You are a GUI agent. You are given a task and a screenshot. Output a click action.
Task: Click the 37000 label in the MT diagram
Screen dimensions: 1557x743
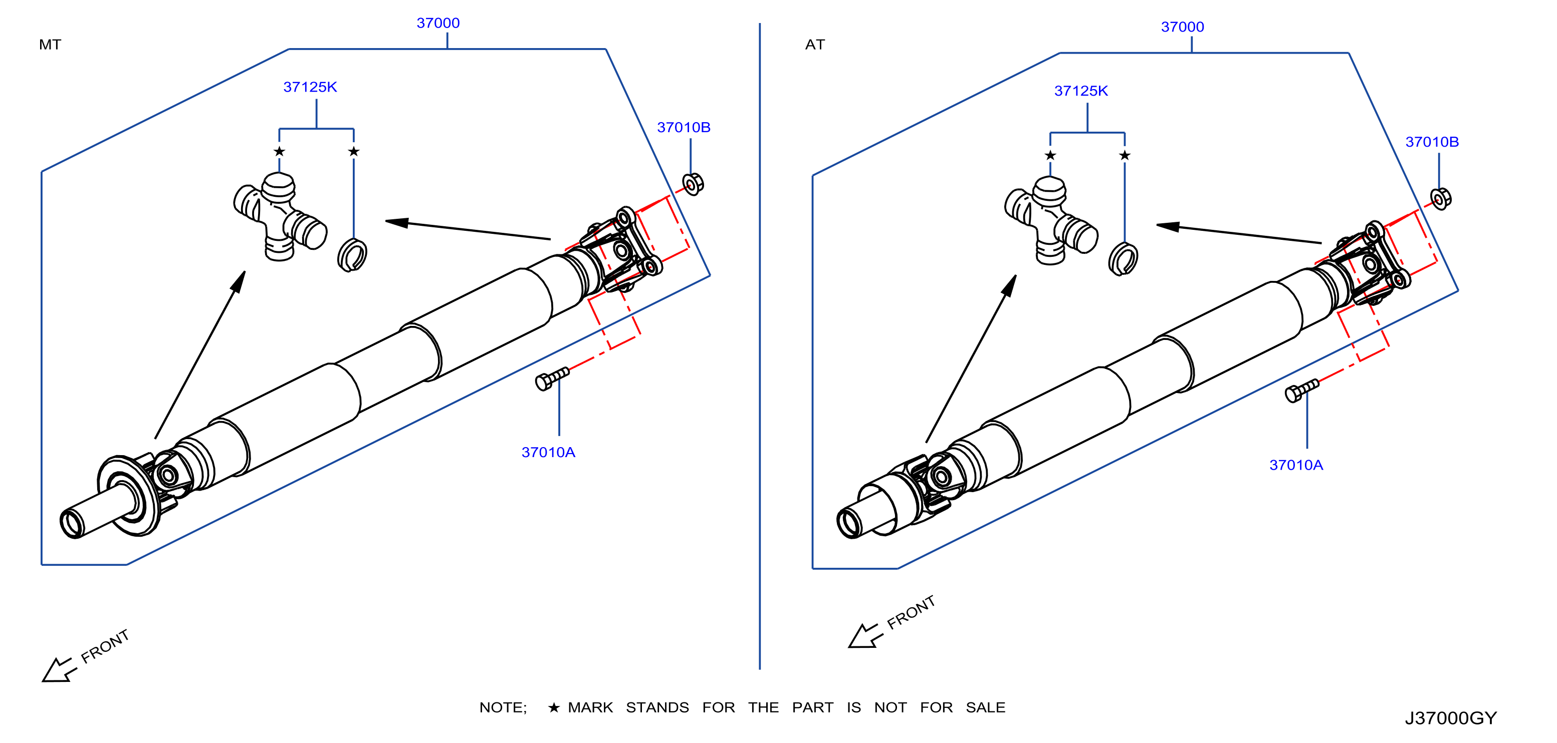coord(438,23)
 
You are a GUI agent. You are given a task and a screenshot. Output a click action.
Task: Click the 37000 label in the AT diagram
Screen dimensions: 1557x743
coord(1182,27)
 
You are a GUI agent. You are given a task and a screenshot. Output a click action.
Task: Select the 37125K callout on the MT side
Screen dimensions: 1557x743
coord(310,87)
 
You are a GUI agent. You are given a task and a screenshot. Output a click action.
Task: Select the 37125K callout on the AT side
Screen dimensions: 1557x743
coord(1081,91)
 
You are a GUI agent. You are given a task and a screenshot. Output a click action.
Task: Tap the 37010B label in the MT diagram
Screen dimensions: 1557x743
coord(684,128)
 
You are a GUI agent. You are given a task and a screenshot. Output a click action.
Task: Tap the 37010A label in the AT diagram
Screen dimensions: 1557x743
coord(1296,465)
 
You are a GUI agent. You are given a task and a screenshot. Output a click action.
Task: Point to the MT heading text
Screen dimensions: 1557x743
coord(50,45)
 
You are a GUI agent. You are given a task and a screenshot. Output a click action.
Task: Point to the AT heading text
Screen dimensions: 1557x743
coord(815,45)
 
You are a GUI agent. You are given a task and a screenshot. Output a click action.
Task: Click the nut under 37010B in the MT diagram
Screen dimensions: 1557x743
coord(693,184)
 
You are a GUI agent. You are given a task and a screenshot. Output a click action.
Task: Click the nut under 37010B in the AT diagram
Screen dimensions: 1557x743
coord(1440,198)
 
